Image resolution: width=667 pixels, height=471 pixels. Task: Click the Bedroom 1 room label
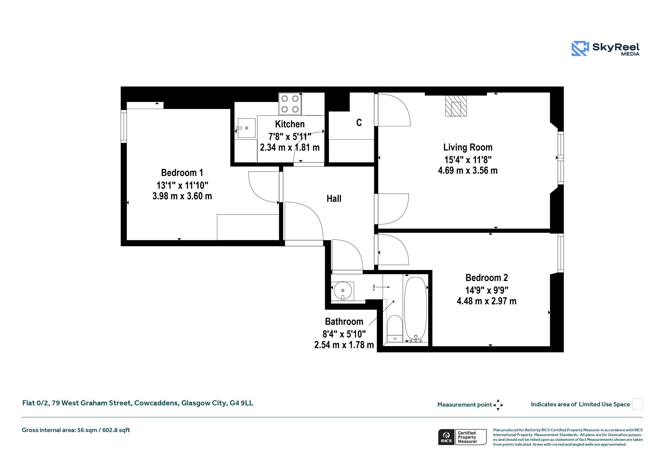point(182,173)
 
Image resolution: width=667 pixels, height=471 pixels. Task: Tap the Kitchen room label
point(290,124)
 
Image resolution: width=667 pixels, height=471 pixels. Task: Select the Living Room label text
point(468,147)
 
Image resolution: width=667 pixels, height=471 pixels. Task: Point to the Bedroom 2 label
point(487,278)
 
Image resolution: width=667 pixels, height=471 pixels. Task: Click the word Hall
point(334,199)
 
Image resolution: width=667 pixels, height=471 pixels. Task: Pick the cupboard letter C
point(359,123)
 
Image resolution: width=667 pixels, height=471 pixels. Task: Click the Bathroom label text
point(344,322)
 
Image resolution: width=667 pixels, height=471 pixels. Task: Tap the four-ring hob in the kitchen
point(290,104)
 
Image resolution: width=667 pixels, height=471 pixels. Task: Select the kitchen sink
point(247,128)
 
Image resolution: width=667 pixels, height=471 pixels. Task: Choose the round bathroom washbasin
point(343,291)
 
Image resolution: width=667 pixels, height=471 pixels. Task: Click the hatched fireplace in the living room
point(456,106)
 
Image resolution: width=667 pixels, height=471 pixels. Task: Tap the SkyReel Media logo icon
point(580,48)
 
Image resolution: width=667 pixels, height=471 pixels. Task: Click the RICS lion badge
point(446,437)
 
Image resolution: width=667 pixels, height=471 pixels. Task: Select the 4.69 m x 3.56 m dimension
point(468,171)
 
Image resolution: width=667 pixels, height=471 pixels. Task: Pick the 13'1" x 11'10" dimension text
point(182,185)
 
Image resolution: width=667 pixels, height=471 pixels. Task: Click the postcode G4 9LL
point(241,403)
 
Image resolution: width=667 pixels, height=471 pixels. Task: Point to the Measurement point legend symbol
point(498,405)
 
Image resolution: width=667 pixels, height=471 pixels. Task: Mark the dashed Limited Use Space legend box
point(637,404)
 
